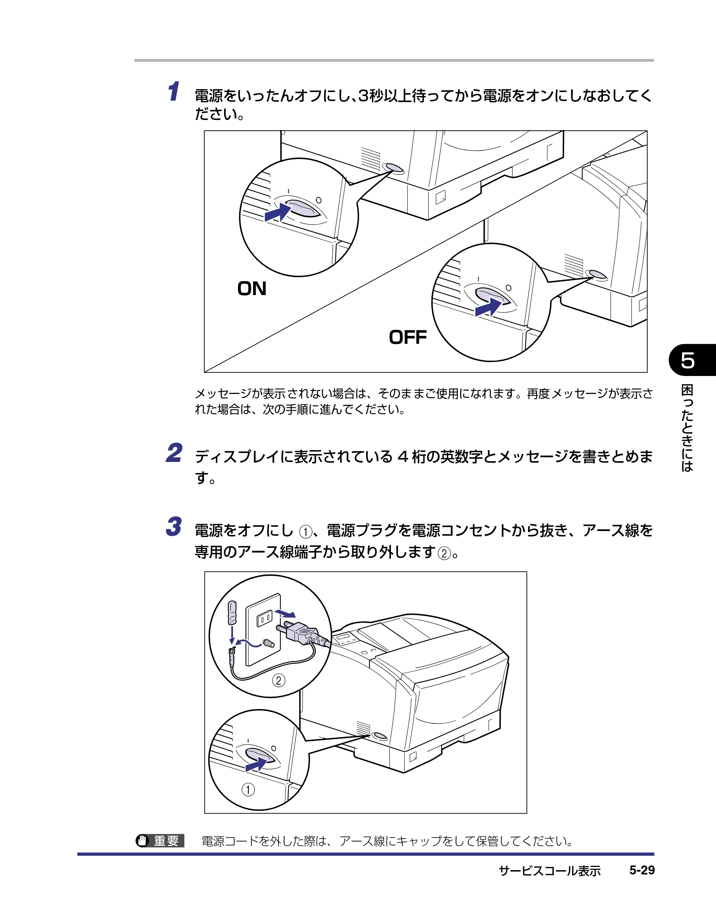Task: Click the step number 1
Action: tap(174, 92)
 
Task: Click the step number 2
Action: tap(174, 453)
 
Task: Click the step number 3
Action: tap(174, 527)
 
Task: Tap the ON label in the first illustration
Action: tap(252, 289)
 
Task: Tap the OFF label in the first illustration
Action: tap(408, 337)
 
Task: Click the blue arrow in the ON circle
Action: tap(278, 212)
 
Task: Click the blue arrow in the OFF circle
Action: tap(488, 307)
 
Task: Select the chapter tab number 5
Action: tap(688, 360)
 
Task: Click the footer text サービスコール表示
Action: tap(550, 871)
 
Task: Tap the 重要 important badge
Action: tap(160, 841)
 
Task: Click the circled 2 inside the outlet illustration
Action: tap(278, 680)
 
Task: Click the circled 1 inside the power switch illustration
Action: tap(248, 790)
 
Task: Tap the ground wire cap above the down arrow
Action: tap(232, 613)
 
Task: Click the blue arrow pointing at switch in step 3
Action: tap(257, 764)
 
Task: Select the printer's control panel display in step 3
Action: tap(342, 637)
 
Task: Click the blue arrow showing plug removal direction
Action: tap(285, 613)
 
